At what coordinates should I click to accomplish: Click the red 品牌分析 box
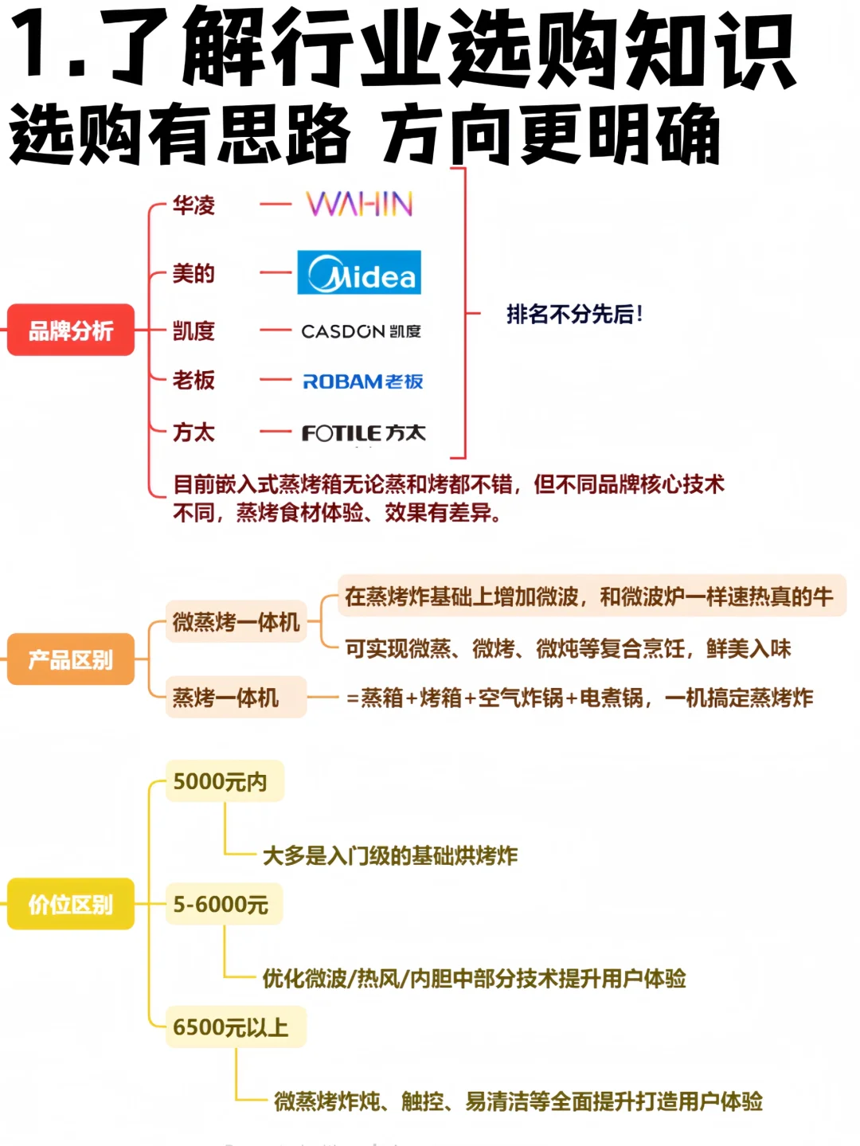[71, 330]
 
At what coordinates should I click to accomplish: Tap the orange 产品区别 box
[71, 659]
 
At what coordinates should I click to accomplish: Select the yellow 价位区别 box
[71, 904]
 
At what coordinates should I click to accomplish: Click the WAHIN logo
[359, 205]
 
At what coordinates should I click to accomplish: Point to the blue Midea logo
[359, 273]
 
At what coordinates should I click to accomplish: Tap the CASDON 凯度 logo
[361, 331]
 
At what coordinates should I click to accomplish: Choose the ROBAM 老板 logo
[362, 381]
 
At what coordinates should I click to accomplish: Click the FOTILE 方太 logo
[363, 432]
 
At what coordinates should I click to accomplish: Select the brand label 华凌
[193, 205]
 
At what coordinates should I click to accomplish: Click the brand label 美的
[193, 274]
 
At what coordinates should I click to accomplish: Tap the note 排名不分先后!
[574, 315]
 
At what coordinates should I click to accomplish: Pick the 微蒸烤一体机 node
[236, 622]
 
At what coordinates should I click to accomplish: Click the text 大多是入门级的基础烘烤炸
[390, 856]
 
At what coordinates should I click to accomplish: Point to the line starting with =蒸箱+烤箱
[580, 698]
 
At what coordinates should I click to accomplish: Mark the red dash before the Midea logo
[276, 273]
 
